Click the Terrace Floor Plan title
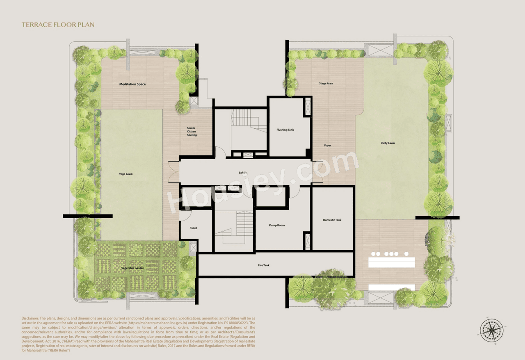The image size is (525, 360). point(58,25)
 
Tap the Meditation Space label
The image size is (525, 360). point(132,84)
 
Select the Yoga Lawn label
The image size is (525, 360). point(126,174)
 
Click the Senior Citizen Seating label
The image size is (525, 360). point(192,131)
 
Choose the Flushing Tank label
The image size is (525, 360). point(285,130)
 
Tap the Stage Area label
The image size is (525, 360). point(326,84)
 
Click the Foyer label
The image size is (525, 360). point(328,146)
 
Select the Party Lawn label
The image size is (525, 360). point(388,143)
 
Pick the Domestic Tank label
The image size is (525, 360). point(332,220)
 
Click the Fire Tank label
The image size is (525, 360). point(264,265)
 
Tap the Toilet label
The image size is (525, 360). point(194,228)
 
